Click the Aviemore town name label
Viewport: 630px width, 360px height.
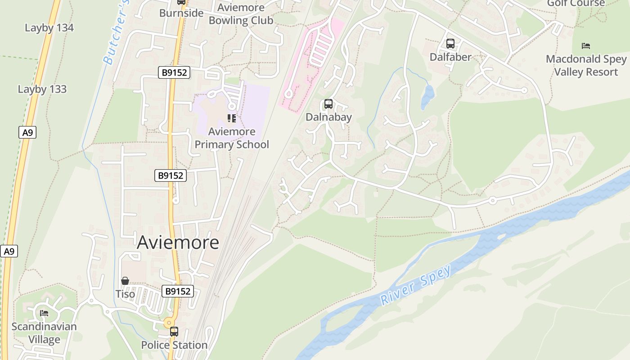tap(178, 242)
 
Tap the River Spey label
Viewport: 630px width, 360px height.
tap(415, 286)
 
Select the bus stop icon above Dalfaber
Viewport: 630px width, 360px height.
tap(450, 44)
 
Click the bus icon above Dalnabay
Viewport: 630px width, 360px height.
tap(328, 104)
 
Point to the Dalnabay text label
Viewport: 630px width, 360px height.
tap(328, 117)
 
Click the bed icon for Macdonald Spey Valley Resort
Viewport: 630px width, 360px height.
tap(585, 46)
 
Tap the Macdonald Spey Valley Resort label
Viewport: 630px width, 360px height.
tap(586, 65)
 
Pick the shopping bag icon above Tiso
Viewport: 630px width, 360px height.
tap(125, 281)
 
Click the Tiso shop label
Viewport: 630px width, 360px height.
tap(125, 294)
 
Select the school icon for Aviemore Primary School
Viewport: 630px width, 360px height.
tap(232, 118)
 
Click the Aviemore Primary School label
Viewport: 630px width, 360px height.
tap(232, 138)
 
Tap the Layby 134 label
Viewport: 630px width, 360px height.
tap(49, 28)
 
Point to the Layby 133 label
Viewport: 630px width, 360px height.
tap(42, 89)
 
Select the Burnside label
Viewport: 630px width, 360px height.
tap(181, 13)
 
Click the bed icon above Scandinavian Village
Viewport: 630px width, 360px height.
tap(44, 313)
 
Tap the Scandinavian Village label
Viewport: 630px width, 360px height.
tap(44, 333)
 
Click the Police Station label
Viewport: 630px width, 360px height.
tap(174, 345)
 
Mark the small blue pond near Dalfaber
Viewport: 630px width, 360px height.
tap(427, 97)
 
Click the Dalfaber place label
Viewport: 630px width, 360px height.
tap(450, 57)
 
